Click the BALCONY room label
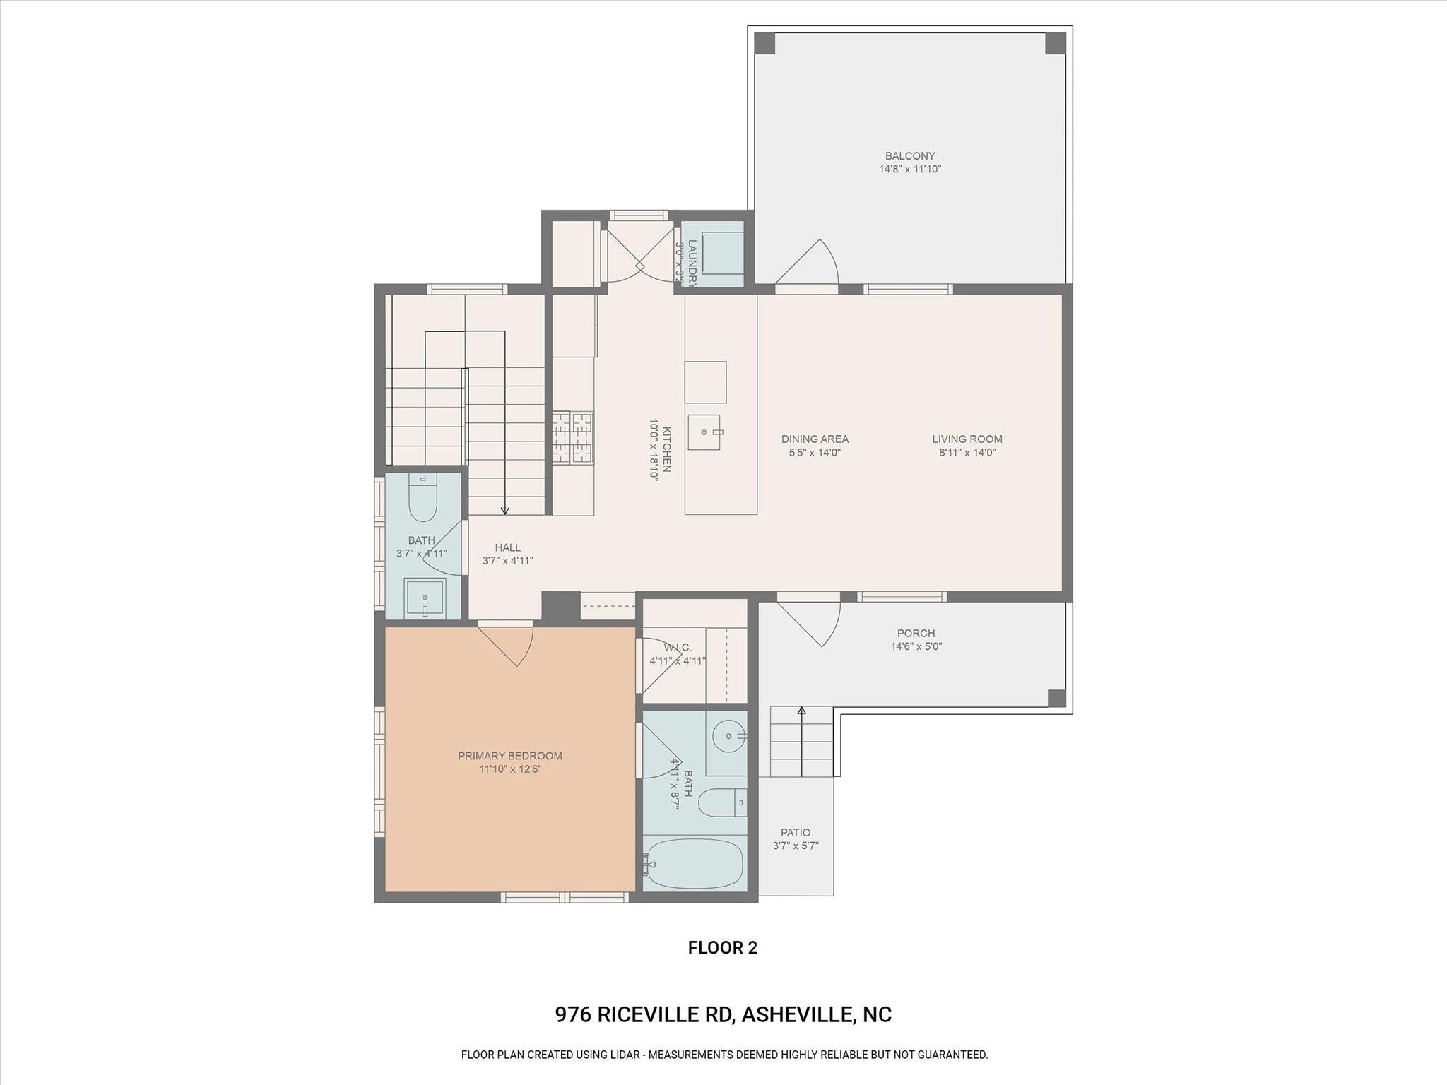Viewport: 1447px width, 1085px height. (x=910, y=156)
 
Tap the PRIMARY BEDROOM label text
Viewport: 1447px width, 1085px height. (x=510, y=756)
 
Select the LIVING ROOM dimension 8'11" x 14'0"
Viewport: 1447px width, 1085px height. (x=967, y=453)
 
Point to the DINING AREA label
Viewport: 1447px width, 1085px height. (x=815, y=439)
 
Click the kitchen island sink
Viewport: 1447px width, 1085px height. (x=704, y=432)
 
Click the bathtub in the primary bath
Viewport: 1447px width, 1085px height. (x=695, y=863)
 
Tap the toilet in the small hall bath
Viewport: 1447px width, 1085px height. (x=423, y=497)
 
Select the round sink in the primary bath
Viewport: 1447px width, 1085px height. (x=728, y=737)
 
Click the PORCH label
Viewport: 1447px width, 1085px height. (x=916, y=634)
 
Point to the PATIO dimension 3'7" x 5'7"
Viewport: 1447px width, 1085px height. (x=796, y=846)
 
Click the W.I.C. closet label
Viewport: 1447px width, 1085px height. (x=678, y=648)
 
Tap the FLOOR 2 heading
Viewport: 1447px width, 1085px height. (x=722, y=948)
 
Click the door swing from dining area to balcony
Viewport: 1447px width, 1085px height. (x=810, y=264)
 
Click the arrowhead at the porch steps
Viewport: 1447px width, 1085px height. (x=801, y=711)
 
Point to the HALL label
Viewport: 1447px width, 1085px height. (x=507, y=547)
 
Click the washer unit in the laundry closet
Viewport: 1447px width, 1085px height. (x=721, y=252)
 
